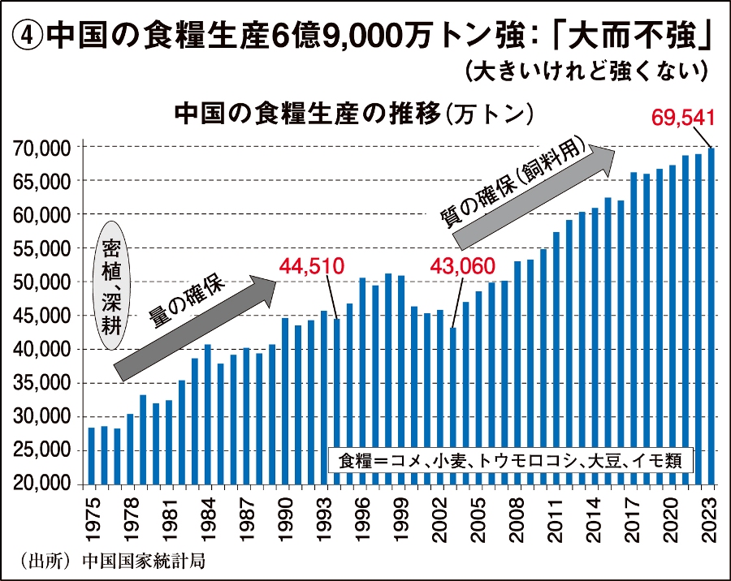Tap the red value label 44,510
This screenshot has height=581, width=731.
click(x=313, y=266)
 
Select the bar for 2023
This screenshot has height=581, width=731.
click(x=711, y=316)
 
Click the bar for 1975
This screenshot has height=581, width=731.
click(x=92, y=455)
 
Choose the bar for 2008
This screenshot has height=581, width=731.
click(x=517, y=372)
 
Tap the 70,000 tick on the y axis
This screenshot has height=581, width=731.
click(x=44, y=148)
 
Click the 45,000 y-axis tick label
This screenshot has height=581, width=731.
click(x=44, y=316)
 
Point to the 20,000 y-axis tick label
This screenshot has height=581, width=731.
click(x=44, y=484)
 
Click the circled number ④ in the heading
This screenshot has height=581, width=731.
click(x=28, y=36)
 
